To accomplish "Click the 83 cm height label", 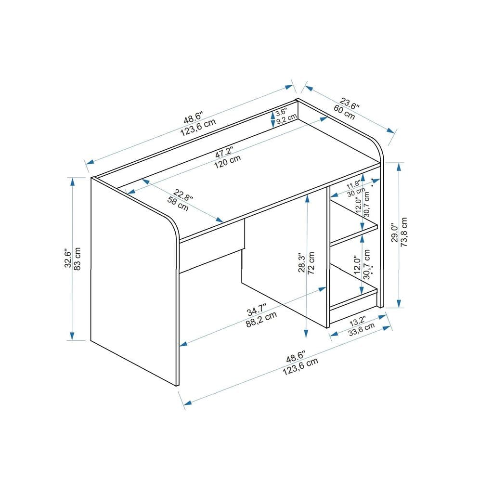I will click(77, 259).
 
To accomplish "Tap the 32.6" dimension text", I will click(68, 259).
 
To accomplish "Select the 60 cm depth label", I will click(344, 114).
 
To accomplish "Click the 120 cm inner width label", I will click(228, 163).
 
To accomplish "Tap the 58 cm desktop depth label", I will click(178, 204).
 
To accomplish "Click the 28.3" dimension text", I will click(302, 263).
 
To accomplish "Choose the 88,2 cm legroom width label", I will click(261, 320).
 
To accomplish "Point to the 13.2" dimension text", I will click(357, 321).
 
